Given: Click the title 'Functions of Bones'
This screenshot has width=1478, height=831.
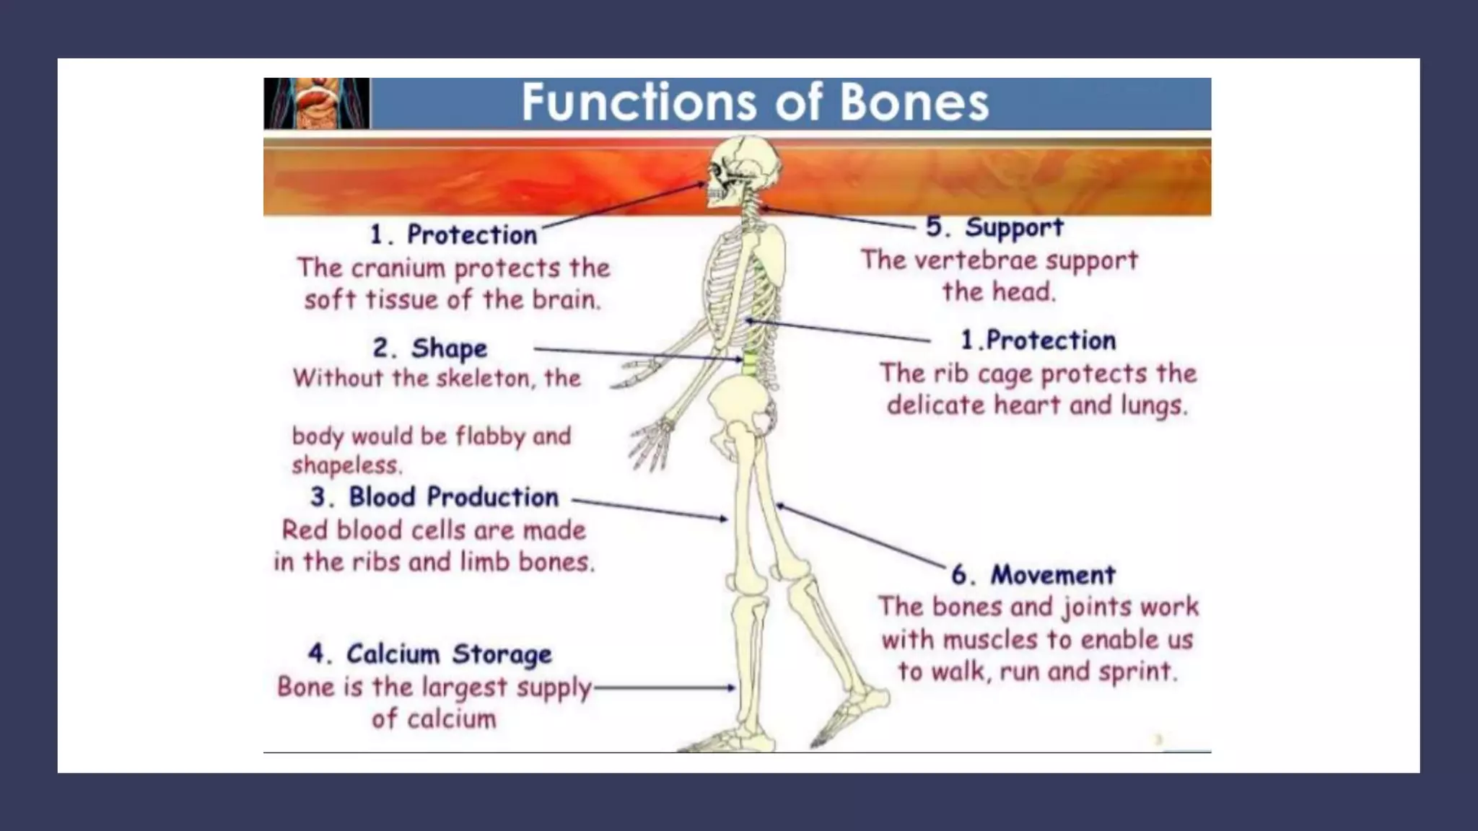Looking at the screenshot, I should tap(755, 102).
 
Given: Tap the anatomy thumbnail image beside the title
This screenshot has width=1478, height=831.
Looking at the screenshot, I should tap(317, 103).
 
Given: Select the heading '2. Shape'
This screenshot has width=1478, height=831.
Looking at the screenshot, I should tap(430, 348).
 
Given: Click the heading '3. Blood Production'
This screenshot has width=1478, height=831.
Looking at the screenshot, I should tap(435, 497).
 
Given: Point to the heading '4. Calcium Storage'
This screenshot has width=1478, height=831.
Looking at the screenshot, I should tap(430, 654).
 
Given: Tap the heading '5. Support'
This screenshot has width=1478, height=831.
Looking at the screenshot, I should tap(994, 227).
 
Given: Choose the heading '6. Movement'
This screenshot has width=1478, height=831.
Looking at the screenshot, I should tap(1033, 575).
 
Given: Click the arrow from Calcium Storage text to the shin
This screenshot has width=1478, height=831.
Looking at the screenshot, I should tap(664, 688).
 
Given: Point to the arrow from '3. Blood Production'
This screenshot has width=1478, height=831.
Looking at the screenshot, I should tap(650, 509).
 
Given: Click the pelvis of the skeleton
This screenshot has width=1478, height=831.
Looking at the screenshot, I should tap(740, 408).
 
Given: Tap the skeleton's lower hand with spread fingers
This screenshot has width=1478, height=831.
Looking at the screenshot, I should tap(652, 444).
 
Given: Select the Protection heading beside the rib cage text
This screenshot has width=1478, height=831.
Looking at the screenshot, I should tap(1038, 340).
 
